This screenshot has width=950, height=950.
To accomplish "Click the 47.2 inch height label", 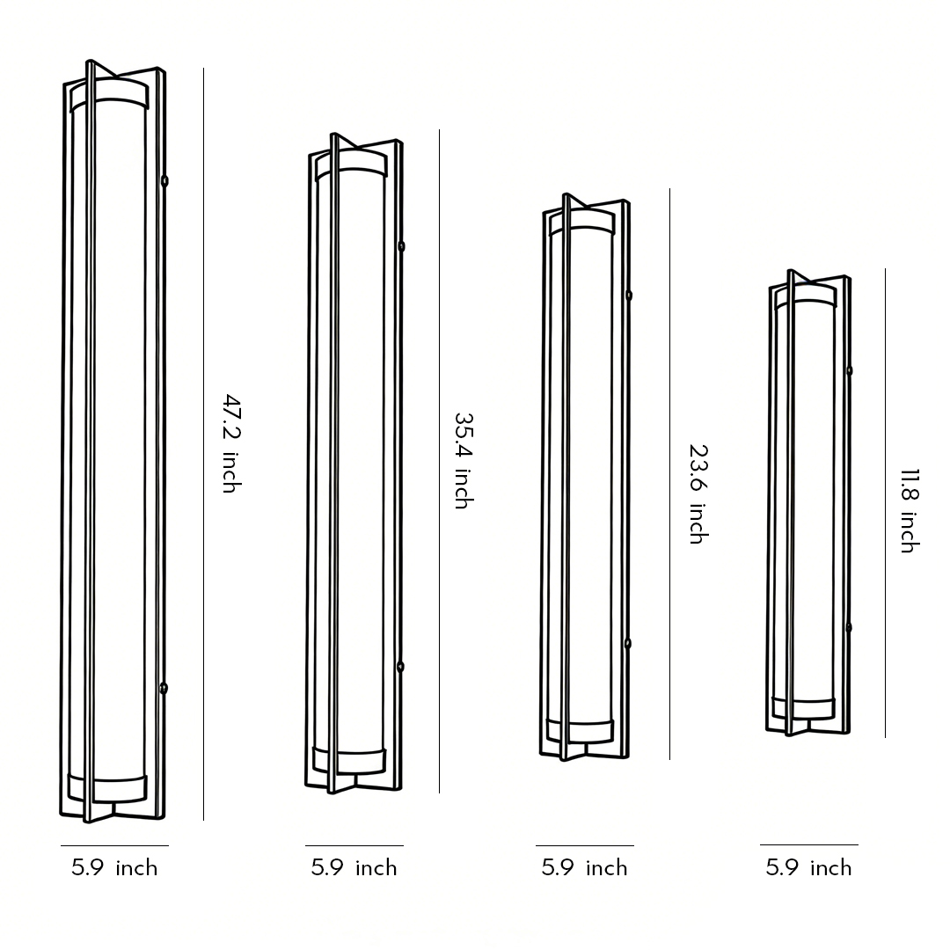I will tap(230, 443).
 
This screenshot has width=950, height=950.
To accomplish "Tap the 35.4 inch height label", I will tap(463, 460).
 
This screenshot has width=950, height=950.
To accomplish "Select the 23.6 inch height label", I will tap(697, 493).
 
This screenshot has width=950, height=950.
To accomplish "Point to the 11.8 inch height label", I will tap(908, 509).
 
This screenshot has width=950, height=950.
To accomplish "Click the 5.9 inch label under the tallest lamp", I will tap(114, 868).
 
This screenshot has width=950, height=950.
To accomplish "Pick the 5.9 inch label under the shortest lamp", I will tap(808, 868).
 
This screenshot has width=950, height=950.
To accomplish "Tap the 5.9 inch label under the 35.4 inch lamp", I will tap(354, 868).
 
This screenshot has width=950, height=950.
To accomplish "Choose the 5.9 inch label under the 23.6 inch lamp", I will tap(584, 868).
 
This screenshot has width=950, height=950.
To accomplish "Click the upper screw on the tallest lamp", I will tap(164, 181).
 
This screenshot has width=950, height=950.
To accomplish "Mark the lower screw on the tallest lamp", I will tap(164, 688).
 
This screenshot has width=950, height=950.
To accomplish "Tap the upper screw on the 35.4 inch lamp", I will tap(401, 246).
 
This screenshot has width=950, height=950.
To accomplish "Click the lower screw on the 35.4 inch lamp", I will tap(400, 667).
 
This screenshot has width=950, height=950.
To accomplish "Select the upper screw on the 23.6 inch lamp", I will tap(628, 296).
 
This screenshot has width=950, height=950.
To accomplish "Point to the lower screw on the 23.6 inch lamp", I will tap(627, 644).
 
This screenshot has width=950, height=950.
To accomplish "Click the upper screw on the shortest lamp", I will tap(849, 370).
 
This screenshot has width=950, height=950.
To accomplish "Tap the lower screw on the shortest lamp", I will tap(849, 627).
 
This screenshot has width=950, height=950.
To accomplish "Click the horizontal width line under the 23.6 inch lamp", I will tap(584, 846).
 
